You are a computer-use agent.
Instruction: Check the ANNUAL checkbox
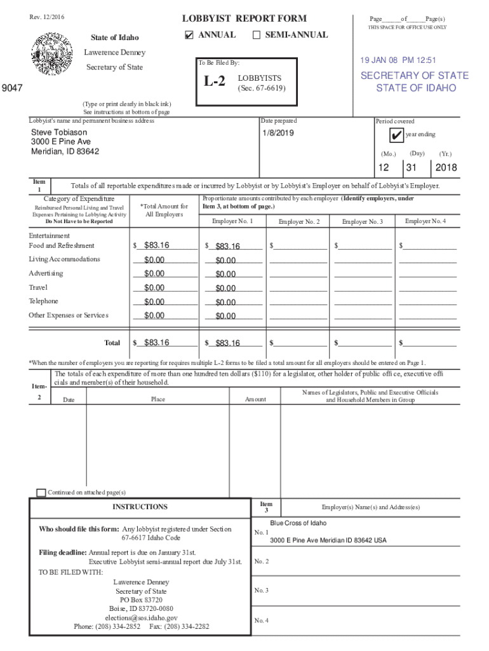point(189,35)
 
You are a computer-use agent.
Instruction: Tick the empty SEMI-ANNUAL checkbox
point(257,35)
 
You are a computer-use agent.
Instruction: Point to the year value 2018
point(445,168)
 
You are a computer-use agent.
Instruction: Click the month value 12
point(384,168)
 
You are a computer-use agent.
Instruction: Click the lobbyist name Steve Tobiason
point(60,132)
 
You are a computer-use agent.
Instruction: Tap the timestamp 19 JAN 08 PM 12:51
point(398,60)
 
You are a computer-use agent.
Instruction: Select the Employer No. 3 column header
point(362,221)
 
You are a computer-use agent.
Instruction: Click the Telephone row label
point(43,301)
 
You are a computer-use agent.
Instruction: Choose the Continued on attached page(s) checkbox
point(41,493)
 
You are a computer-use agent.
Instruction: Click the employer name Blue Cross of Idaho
point(298,523)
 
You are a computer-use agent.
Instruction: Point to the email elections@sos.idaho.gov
point(141,617)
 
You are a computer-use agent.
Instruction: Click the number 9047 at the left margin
point(12,89)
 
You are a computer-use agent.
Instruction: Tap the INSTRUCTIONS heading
point(140,507)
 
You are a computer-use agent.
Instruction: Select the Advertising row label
point(46,273)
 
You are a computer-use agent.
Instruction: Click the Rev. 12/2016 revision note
point(46,17)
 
